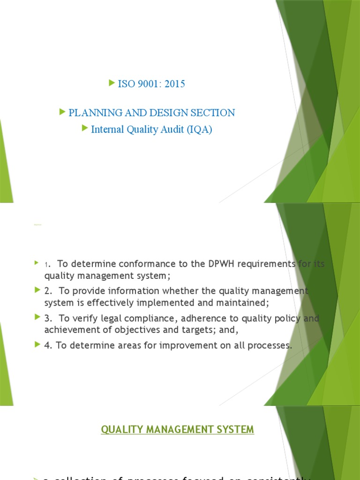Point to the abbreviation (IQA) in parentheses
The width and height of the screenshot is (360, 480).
tap(200, 130)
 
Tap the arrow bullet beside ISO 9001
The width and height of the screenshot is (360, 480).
tap(112, 83)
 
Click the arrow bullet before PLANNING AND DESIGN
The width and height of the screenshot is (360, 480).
tap(63, 112)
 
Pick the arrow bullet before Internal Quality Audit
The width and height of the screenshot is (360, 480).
tap(85, 128)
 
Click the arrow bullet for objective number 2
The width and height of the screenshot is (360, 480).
tap(37, 291)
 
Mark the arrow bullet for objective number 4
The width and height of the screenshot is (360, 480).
tap(37, 345)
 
